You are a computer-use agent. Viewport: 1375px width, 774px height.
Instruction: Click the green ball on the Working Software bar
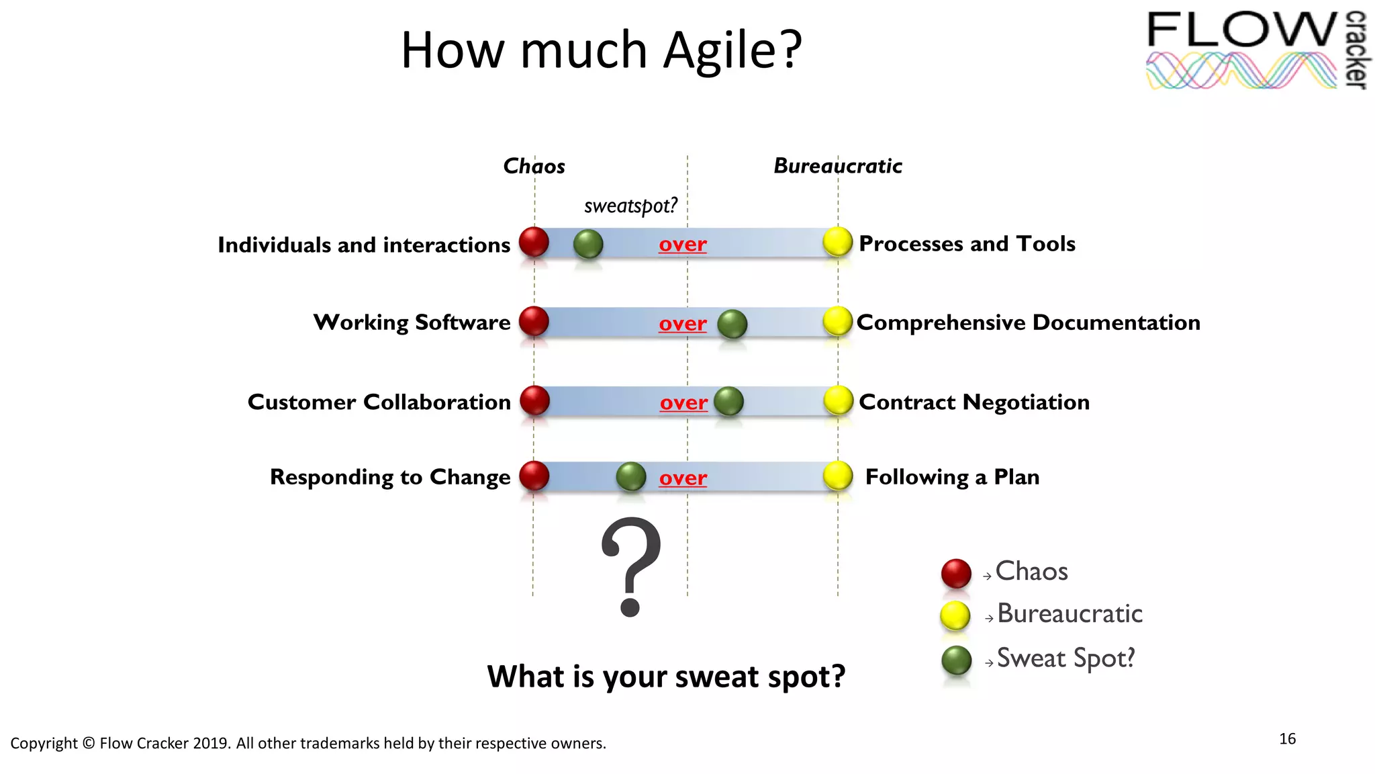(732, 325)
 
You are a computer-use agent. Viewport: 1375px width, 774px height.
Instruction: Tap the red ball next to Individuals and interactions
(534, 242)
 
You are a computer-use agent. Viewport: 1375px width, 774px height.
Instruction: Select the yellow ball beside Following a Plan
(838, 476)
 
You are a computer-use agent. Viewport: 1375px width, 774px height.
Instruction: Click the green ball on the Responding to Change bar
(630, 476)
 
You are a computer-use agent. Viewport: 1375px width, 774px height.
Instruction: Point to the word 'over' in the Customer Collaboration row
(683, 402)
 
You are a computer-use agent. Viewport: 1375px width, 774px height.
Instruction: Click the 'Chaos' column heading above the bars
(534, 166)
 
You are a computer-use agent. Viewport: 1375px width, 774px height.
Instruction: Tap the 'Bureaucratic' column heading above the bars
(837, 165)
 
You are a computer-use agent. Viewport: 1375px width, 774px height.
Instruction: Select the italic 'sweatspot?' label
(630, 205)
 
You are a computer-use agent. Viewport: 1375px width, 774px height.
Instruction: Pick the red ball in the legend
(956, 573)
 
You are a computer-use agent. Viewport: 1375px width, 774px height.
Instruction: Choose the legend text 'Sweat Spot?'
(1065, 658)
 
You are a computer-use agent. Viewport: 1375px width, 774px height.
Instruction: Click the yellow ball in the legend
(955, 615)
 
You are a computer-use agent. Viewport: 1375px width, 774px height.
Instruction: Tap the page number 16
(1287, 739)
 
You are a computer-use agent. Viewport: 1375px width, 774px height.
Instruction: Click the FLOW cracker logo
(1255, 50)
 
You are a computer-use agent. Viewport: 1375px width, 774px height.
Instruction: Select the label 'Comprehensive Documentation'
(1028, 323)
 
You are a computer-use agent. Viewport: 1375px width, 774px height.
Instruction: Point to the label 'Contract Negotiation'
(974, 402)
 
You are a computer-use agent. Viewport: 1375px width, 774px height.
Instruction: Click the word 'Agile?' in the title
(732, 50)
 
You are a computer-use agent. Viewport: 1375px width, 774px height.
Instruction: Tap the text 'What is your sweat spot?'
(665, 677)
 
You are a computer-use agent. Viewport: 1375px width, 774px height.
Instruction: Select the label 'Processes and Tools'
(967, 244)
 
